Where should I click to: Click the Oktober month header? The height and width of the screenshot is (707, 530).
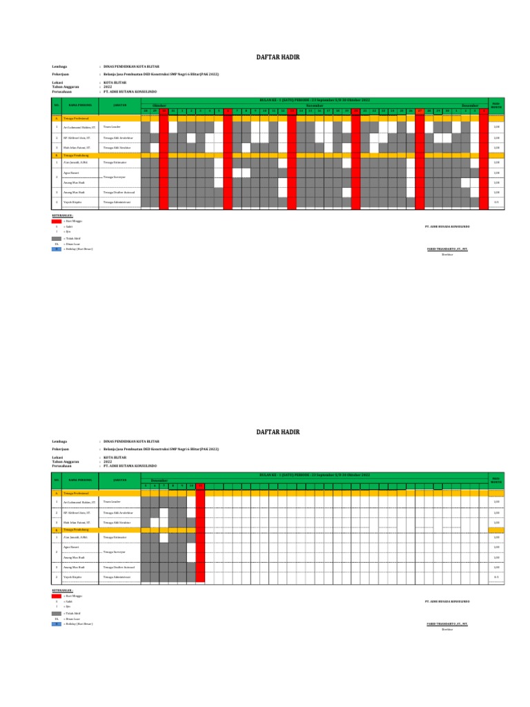159,106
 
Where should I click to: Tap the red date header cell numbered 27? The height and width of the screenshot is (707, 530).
420,111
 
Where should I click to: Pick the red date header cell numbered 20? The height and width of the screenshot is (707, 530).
355,111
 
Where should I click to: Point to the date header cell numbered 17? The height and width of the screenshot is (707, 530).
328,111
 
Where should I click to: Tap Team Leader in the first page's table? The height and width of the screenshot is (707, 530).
111,128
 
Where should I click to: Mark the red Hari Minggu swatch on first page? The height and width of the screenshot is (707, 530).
57,220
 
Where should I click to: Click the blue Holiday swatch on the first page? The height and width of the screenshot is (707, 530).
57,249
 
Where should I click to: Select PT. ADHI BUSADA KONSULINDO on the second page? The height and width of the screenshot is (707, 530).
447,601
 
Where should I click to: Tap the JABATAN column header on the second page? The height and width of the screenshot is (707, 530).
119,480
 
